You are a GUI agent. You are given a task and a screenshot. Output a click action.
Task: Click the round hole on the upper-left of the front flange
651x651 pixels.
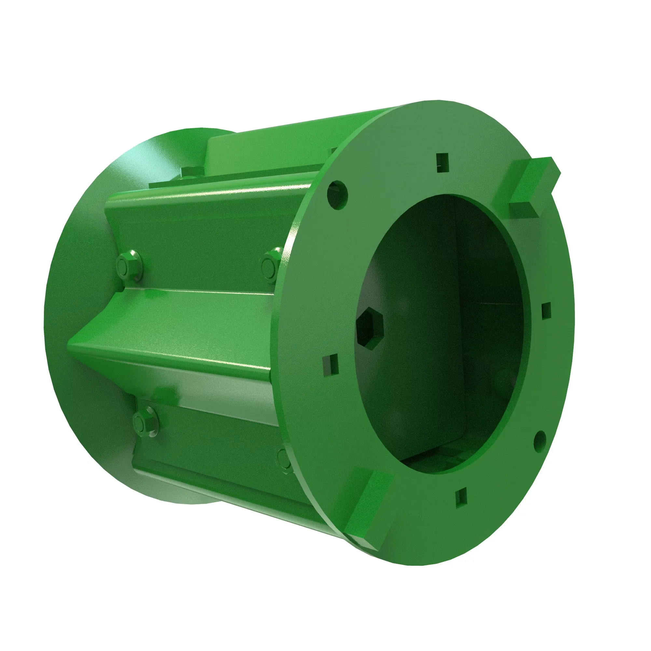pyautogui.click(x=337, y=195)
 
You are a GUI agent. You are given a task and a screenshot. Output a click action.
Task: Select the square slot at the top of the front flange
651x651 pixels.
pyautogui.click(x=442, y=162)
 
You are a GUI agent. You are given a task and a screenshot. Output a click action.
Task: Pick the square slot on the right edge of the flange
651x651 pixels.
pyautogui.click(x=546, y=310)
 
